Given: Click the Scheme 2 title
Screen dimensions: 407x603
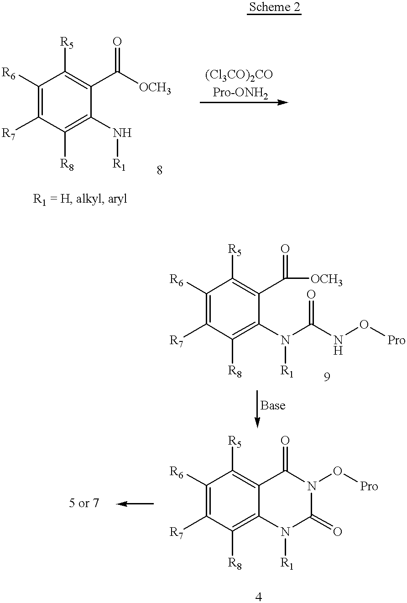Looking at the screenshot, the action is click(274, 9).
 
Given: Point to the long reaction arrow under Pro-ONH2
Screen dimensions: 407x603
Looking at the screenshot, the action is click(244, 102).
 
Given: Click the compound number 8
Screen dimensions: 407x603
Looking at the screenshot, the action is click(159, 171).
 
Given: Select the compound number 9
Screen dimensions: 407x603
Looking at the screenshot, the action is click(327, 378).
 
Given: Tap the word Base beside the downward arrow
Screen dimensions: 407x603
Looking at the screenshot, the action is click(273, 405).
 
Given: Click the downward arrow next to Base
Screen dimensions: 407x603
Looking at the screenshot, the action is click(257, 408).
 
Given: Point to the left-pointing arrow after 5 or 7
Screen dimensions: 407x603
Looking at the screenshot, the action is click(135, 504).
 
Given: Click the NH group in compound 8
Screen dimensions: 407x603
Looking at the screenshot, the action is click(122, 133).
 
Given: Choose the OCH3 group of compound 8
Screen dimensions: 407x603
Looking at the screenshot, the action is click(155, 89).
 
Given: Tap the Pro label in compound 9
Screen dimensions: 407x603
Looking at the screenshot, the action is click(396, 340).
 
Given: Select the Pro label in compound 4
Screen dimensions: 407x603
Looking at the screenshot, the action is click(369, 487).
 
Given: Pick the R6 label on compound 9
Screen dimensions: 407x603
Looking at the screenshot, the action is click(177, 279).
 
